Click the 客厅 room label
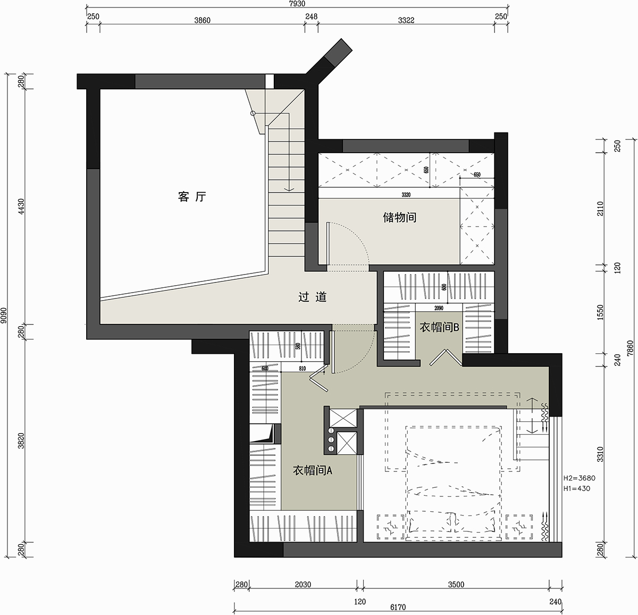pos(191,197)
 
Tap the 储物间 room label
pos(399,217)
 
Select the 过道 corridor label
pos(312,297)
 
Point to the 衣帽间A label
pos(313,470)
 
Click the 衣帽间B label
pos(439,327)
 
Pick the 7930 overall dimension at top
pos(297,4)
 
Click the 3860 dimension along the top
pos(202,20)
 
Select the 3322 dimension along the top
pos(406,20)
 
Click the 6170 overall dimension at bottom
pos(397,607)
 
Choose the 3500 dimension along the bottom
pos(456,585)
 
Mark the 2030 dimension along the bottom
pos(302,585)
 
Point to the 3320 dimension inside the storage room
pos(406,195)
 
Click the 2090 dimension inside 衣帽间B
pos(439,307)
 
